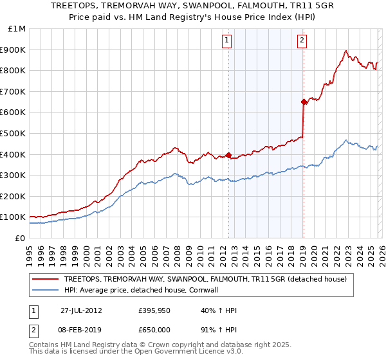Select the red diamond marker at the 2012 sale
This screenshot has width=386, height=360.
(x=228, y=154)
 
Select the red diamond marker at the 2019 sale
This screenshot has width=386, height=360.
(x=303, y=101)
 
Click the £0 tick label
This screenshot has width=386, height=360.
(x=20, y=238)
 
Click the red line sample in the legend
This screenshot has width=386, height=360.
(x=46, y=279)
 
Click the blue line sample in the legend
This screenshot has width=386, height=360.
(x=46, y=289)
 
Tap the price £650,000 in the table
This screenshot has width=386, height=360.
(x=155, y=329)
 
